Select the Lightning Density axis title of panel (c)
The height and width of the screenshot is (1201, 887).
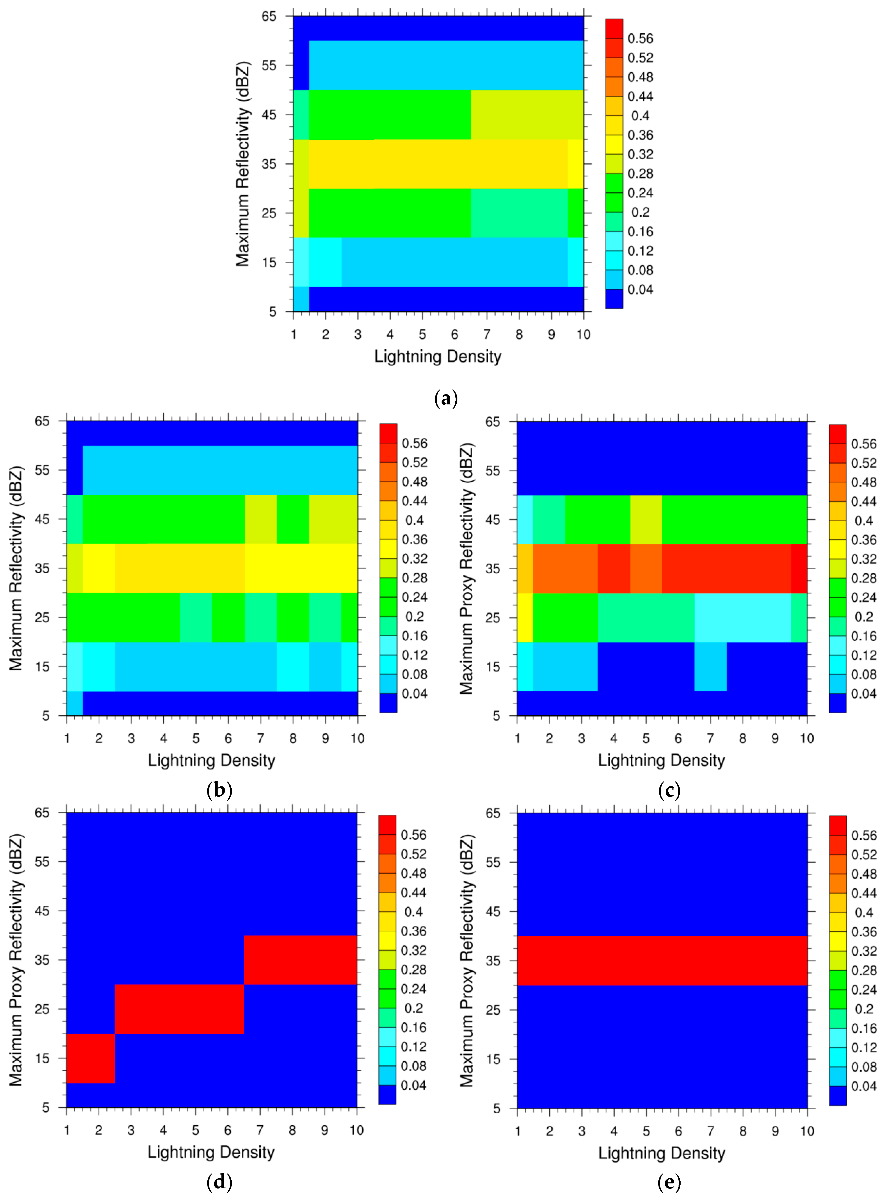(661, 760)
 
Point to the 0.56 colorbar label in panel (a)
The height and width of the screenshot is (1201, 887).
(640, 39)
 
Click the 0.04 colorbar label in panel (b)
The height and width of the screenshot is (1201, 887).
(415, 694)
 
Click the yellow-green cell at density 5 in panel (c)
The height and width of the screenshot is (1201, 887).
(646, 519)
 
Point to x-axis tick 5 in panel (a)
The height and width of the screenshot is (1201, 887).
(422, 335)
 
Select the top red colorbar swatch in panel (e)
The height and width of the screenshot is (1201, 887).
(838, 825)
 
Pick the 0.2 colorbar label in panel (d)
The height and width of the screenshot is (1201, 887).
(413, 1008)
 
